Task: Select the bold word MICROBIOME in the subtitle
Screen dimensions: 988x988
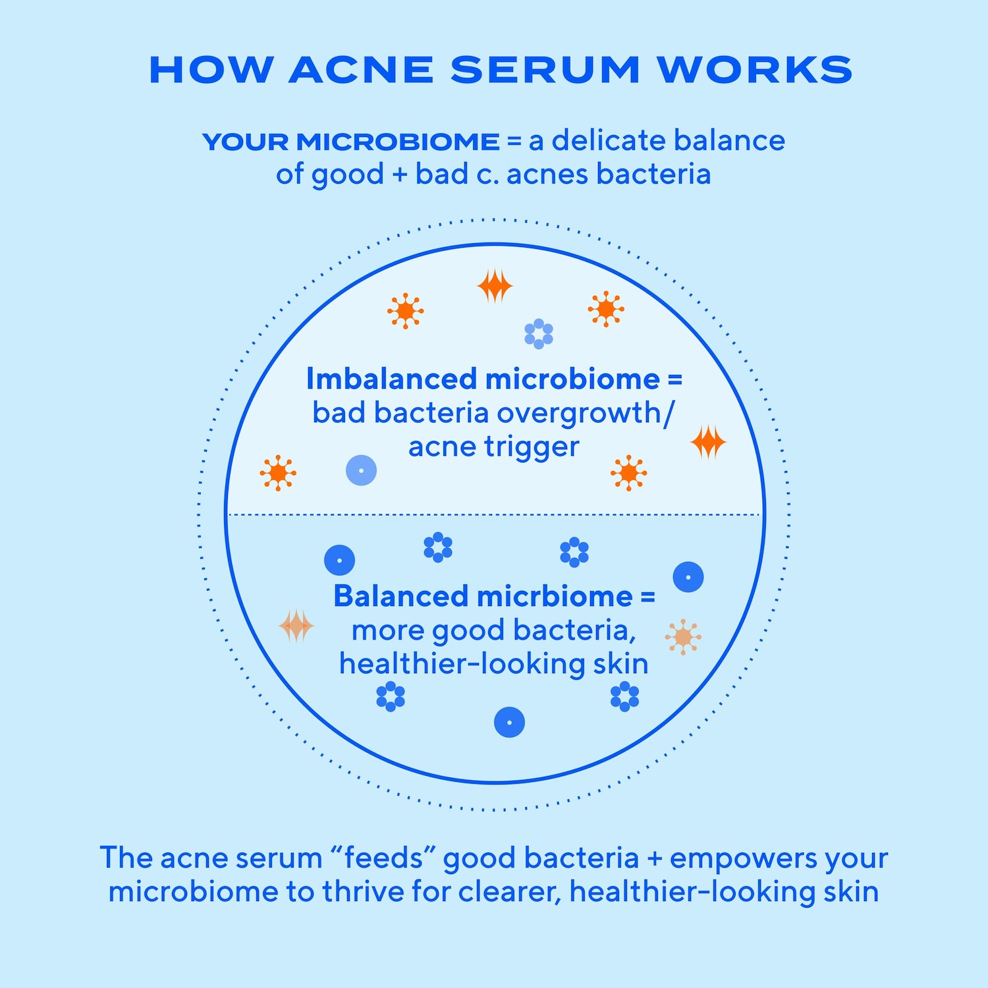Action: (x=398, y=142)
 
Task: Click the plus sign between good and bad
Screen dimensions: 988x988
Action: (x=400, y=175)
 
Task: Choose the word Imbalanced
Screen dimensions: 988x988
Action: (x=391, y=379)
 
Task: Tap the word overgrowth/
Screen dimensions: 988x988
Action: (x=586, y=414)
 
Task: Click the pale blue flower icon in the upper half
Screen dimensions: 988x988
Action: (x=539, y=334)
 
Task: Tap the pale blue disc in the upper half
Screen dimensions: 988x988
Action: (x=361, y=470)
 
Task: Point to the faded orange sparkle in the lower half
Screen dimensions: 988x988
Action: (x=296, y=626)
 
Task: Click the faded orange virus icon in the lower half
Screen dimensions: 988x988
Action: (x=683, y=637)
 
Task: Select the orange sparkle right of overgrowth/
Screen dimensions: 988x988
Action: (x=708, y=442)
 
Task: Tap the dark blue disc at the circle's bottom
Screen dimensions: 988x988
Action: (x=509, y=722)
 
